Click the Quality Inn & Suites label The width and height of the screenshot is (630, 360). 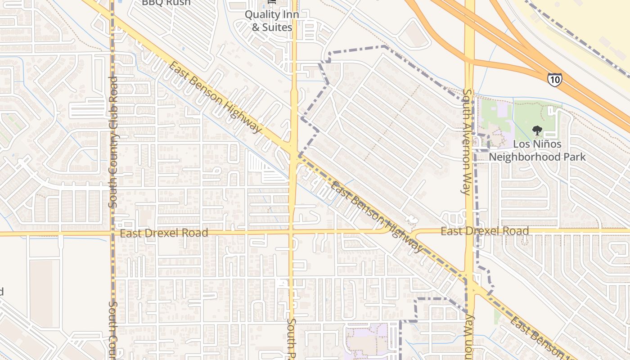point(271,21)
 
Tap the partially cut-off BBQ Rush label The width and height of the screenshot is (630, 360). point(166,3)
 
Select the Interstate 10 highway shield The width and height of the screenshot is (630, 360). point(554,80)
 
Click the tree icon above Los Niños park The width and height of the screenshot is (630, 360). point(537,131)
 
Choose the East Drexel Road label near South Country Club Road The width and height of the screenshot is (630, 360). point(164,233)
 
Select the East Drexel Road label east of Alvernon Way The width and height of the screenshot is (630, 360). point(484,231)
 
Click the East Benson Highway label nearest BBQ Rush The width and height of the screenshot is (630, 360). point(215,97)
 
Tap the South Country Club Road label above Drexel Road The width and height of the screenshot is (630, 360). point(113,142)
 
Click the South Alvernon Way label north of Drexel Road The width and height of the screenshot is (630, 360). point(468,142)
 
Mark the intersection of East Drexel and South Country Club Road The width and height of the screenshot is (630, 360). point(112,233)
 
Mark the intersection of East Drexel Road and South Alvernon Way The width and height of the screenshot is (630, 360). point(469,231)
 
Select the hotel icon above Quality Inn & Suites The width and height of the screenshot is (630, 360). point(271,2)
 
